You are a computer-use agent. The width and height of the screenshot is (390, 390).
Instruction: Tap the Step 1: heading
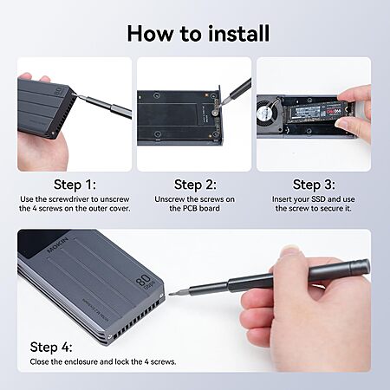(x=75, y=185)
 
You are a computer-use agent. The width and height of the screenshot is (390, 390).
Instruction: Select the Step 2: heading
(x=195, y=185)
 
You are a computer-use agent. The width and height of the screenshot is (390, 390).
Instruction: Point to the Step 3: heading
(x=314, y=185)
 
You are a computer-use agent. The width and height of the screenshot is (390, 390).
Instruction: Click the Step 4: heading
(x=51, y=347)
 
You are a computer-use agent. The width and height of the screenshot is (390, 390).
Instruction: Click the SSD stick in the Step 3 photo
(x=319, y=112)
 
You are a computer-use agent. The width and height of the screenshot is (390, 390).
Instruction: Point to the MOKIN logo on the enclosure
(x=57, y=245)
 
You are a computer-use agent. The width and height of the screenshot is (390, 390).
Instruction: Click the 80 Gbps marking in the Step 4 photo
(x=146, y=282)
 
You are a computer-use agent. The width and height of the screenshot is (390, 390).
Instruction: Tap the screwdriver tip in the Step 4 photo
(x=171, y=295)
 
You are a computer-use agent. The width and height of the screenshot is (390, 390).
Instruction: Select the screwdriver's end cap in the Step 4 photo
(x=364, y=267)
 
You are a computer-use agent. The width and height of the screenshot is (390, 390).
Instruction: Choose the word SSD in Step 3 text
(x=319, y=199)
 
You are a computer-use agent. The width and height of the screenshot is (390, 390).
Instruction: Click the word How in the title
(x=150, y=34)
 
